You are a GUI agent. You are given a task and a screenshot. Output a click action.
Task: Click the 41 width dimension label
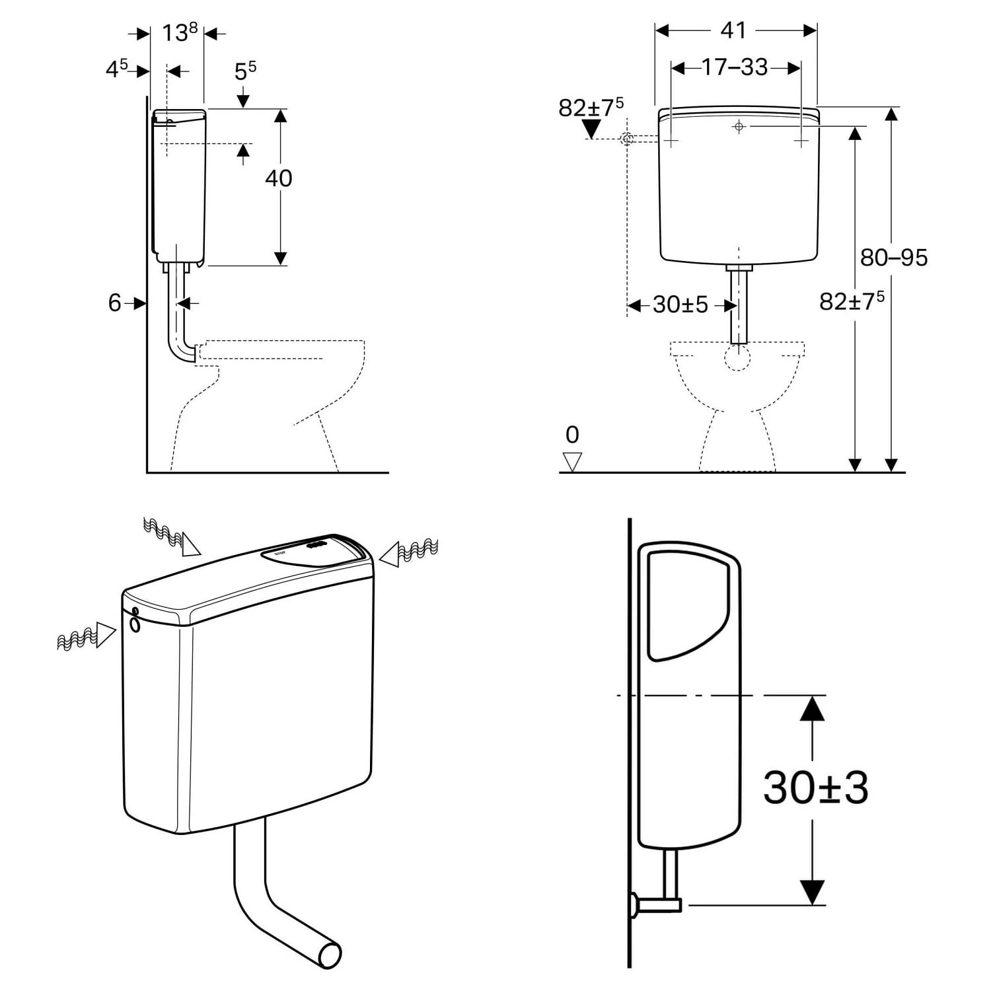pos(734,30)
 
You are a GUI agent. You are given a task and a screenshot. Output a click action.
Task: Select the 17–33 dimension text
pos(735,67)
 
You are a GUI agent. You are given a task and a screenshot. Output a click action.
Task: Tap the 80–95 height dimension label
pos(894,257)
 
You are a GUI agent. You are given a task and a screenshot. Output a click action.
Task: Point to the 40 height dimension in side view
pos(278,178)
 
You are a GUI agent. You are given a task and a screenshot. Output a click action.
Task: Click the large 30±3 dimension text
pos(815,787)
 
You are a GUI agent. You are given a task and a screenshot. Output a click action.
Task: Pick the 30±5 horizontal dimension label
pos(680,305)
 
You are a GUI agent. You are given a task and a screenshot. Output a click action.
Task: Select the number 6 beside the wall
pos(115,303)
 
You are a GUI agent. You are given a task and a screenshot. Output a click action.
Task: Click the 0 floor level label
pos(572,435)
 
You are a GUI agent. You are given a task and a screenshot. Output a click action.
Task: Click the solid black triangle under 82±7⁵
pos(591,129)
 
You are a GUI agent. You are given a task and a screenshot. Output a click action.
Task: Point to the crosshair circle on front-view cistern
pos(739,126)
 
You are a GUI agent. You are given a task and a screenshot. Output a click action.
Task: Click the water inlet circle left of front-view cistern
pos(627,139)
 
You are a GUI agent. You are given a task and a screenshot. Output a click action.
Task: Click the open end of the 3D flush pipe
pos(330,955)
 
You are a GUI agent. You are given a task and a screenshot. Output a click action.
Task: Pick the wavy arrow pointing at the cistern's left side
pos(87,636)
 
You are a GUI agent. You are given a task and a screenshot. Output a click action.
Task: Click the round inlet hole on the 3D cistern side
pos(135,624)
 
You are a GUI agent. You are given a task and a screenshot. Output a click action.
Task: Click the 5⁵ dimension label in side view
pos(246,70)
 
